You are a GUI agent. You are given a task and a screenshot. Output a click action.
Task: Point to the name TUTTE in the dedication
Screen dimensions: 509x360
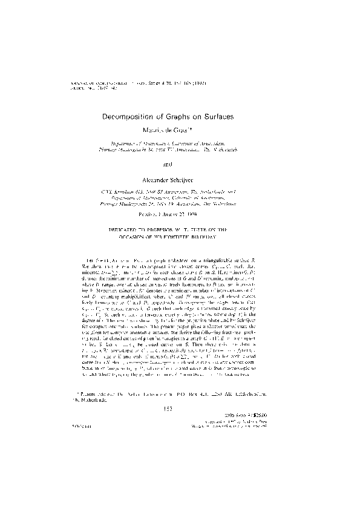[x=214, y=231]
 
